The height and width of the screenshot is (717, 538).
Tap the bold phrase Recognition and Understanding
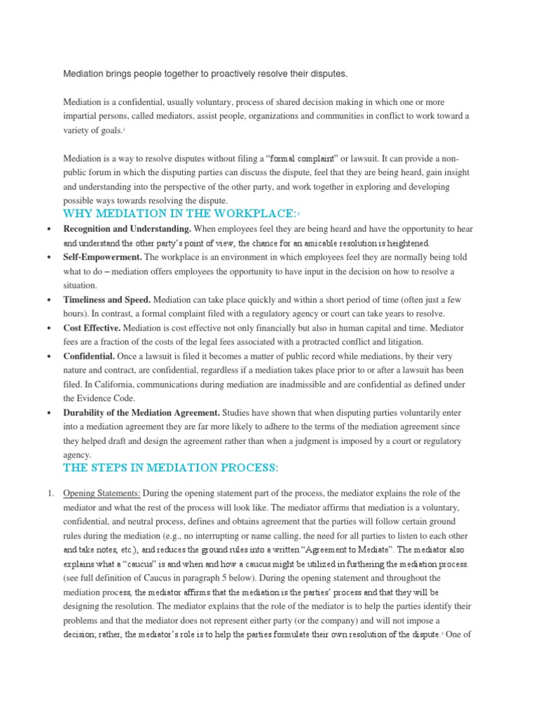pyautogui.click(x=126, y=229)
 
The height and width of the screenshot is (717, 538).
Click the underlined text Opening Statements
pyautogui.click(x=102, y=494)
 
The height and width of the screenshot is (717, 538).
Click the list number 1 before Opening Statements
pyautogui.click(x=50, y=494)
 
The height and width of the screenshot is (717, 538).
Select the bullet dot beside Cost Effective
pyautogui.click(x=48, y=328)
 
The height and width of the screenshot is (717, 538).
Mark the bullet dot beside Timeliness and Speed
pyautogui.click(x=48, y=300)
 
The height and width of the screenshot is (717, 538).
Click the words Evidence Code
pyautogui.click(x=101, y=398)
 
